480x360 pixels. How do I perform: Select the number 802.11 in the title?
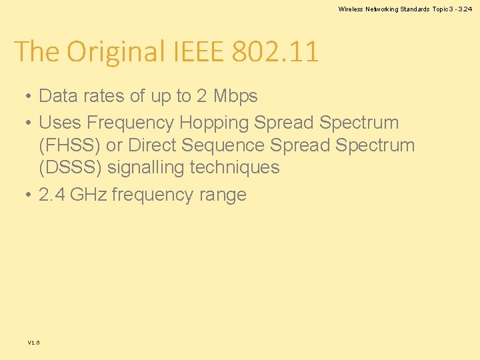tap(275, 51)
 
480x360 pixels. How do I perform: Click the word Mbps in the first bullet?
tap(235, 96)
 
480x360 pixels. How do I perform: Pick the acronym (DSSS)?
tap(71, 167)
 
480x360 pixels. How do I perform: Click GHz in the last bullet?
tap(88, 195)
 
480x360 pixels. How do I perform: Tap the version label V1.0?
tap(33, 343)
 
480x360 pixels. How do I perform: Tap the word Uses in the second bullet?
tap(60, 123)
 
